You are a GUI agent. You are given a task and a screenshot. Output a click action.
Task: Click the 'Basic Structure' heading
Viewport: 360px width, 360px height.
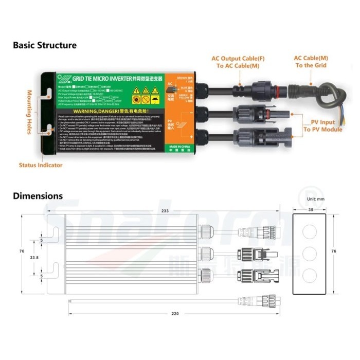click(x=45, y=45)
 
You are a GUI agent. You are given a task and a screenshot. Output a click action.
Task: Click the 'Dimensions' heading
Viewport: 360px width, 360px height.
click(x=38, y=196)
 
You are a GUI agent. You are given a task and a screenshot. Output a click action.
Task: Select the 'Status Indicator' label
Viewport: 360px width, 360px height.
click(x=41, y=165)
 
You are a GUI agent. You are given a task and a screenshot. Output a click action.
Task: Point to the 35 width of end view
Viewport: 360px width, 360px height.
click(x=310, y=210)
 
